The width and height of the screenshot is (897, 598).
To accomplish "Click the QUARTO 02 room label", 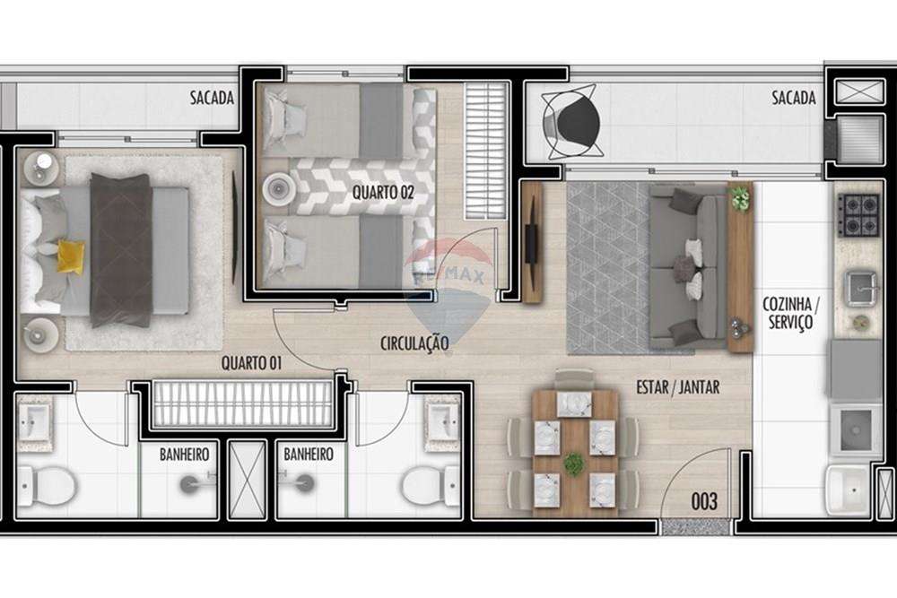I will pyautogui.click(x=383, y=192).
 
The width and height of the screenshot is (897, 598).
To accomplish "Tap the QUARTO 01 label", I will pyautogui.click(x=252, y=363).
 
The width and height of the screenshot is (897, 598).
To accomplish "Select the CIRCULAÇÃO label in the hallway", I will pyautogui.click(x=414, y=342).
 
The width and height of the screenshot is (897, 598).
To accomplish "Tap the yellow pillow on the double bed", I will pyautogui.click(x=71, y=257).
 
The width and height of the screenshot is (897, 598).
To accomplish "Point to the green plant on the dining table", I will pyautogui.click(x=573, y=464).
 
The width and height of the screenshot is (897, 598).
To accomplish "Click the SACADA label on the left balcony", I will pyautogui.click(x=212, y=98).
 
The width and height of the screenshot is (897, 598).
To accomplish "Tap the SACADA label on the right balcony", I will pyautogui.click(x=794, y=98).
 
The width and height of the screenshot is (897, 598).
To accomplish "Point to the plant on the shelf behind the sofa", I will pyautogui.click(x=740, y=199).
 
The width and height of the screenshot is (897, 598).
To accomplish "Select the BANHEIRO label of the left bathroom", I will pyautogui.click(x=184, y=455).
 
